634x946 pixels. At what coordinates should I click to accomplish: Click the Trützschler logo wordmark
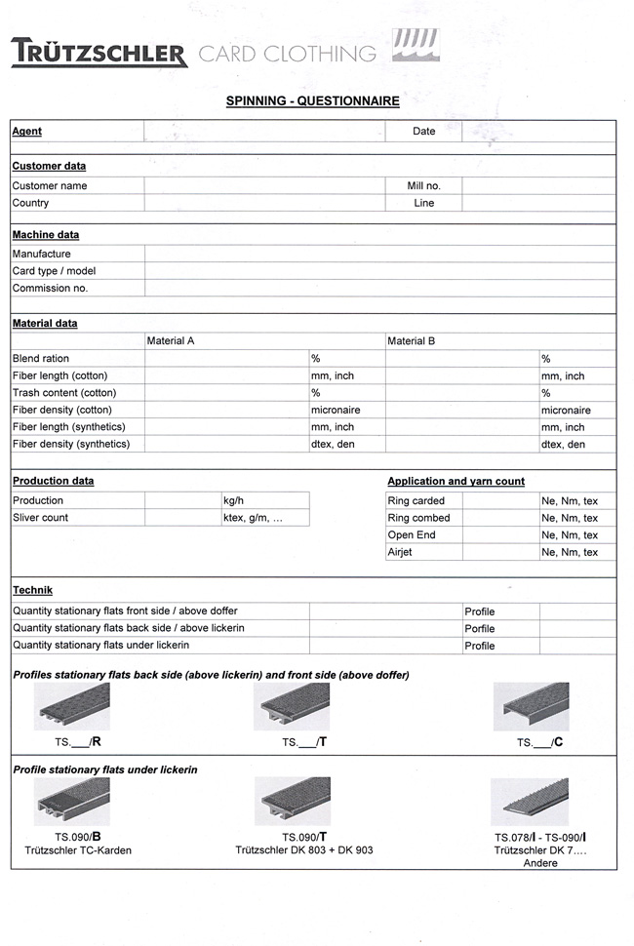99,52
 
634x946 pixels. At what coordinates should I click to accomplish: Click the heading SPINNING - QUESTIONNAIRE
312,100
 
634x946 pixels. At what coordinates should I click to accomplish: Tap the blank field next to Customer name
263,185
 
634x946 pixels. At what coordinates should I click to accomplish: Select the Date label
423,131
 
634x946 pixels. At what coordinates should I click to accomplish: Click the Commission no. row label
50,288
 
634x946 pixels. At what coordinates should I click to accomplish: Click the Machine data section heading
46,235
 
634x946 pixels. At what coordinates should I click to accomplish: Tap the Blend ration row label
40,359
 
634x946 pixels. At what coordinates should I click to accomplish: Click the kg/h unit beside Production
233,500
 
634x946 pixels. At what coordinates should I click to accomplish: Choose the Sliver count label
40,517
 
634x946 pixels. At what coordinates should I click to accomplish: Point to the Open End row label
412,534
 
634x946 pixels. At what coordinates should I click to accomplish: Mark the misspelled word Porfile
479,628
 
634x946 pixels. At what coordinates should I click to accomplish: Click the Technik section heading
32,590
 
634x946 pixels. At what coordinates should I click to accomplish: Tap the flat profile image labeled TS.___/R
72,706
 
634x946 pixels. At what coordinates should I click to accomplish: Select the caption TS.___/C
539,742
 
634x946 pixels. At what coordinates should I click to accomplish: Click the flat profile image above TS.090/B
72,802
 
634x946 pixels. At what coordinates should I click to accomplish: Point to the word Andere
540,863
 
